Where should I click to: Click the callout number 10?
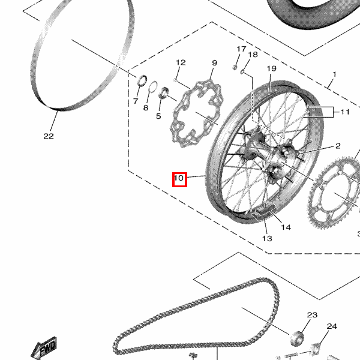click(x=179, y=178)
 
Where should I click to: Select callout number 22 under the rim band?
click(x=49, y=136)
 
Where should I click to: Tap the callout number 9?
click(x=214, y=62)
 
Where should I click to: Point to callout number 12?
click(x=181, y=62)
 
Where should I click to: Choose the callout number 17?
click(x=241, y=49)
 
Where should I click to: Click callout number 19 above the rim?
click(x=272, y=68)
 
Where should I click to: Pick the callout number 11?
click(x=345, y=112)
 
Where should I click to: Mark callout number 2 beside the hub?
click(x=338, y=146)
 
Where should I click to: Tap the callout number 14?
click(x=286, y=227)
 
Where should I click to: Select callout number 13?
click(x=267, y=239)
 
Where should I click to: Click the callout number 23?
click(x=312, y=315)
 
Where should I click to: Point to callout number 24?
click(x=332, y=326)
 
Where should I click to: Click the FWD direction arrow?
click(x=44, y=348)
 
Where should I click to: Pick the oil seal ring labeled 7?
click(x=142, y=80)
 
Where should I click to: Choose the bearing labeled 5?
click(x=164, y=92)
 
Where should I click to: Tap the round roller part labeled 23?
click(x=296, y=338)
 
